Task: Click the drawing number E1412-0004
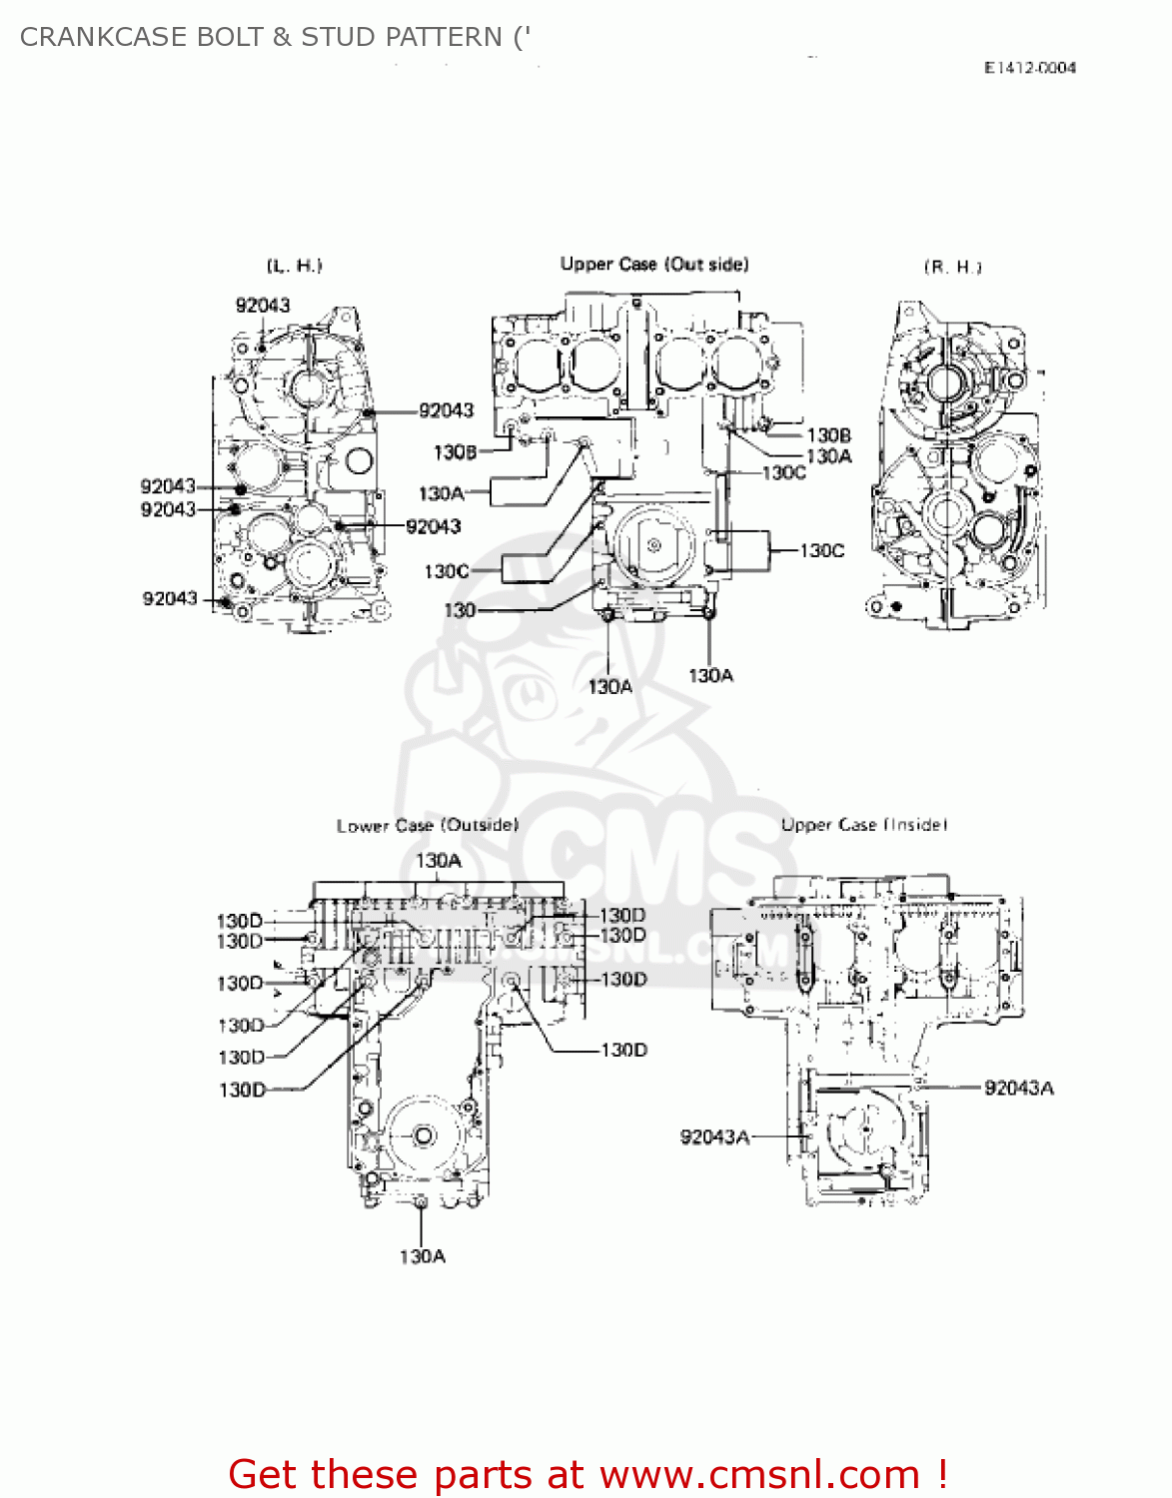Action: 1029,68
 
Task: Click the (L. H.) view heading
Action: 294,266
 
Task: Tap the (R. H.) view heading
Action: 952,267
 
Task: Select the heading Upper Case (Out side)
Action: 653,265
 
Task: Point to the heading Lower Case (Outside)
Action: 427,826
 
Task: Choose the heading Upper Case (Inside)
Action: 863,825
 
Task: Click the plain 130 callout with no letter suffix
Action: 460,610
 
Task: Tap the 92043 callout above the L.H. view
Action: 263,306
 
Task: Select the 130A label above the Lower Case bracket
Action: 439,861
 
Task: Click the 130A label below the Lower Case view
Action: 423,1256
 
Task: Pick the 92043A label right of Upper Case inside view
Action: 1018,1089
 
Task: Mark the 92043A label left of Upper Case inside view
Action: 714,1137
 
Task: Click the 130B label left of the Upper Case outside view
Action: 455,452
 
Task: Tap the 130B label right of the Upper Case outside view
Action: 828,435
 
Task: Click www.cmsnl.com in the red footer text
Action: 758,1475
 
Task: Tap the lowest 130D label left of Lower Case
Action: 242,1091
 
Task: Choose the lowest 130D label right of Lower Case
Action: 623,1051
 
